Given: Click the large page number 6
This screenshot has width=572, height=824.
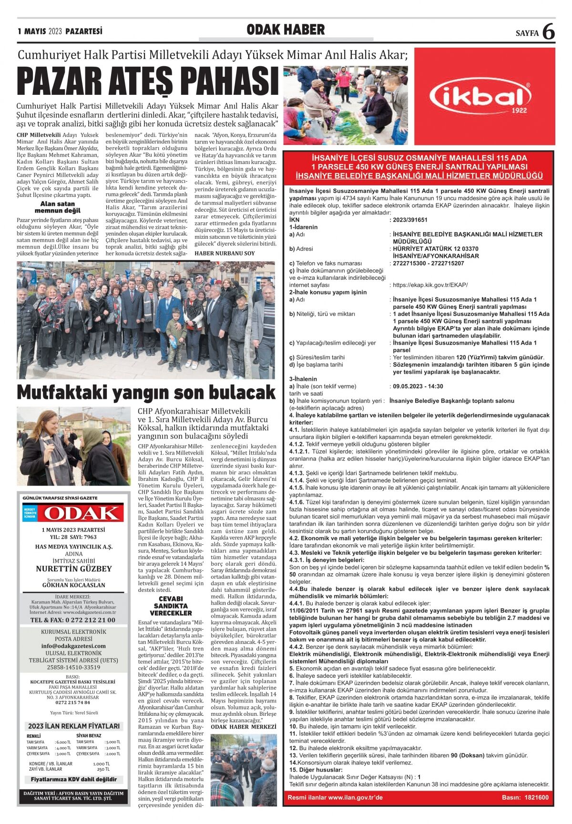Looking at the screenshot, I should tap(549, 32).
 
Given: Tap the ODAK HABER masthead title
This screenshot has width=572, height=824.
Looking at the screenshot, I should tap(286, 30).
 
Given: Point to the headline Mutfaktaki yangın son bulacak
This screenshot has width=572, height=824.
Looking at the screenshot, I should tap(146, 392).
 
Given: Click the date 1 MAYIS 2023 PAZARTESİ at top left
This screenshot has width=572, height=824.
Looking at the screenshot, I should tap(60, 31).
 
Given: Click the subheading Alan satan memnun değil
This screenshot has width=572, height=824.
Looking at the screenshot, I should tap(58, 207).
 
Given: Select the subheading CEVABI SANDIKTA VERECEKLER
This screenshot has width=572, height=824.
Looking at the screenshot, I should tap(171, 606).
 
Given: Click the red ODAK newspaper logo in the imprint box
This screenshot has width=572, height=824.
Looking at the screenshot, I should tap(80, 513).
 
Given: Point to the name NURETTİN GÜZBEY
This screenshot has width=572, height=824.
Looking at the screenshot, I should tap(74, 569).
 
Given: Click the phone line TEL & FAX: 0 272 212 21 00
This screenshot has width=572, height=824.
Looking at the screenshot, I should tap(73, 620).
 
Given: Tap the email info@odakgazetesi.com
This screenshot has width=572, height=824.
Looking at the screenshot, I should tap(73, 646).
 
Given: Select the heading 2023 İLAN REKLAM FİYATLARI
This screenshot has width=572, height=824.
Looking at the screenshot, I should tap(74, 726).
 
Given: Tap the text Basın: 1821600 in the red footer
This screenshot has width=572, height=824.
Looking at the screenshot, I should tap(525, 797).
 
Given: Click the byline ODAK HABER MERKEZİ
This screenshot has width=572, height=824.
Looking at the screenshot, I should tap(243, 727).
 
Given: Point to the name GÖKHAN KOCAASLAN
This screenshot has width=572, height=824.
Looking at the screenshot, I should tap(74, 585).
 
